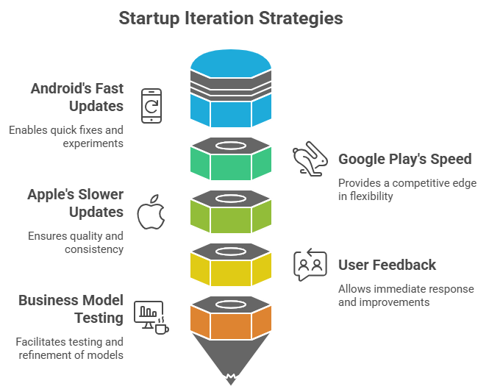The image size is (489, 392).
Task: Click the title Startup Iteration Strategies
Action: pos(230,18)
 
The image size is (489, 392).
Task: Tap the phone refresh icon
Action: pos(151,104)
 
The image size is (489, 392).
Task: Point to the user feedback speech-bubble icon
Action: pos(310,265)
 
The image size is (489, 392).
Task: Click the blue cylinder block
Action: pos(231,88)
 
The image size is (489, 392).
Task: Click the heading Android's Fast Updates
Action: pos(77,98)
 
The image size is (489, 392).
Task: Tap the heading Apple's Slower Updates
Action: pos(76,204)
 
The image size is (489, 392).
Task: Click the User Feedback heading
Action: pos(387,265)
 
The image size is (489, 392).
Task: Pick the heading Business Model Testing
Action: pos(71,310)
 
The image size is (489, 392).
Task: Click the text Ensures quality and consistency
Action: pos(75,243)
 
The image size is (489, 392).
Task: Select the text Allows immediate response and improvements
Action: pos(406,295)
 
